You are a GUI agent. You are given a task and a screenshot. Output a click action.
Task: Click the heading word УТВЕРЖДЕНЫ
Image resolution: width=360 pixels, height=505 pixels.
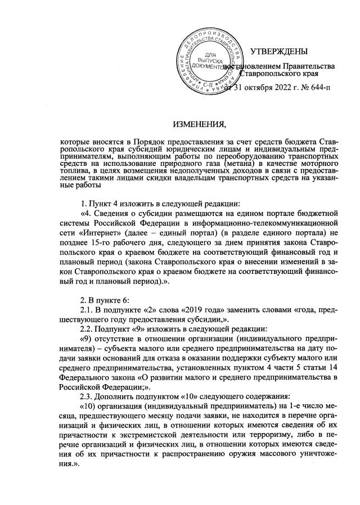pyautogui.click(x=279, y=52)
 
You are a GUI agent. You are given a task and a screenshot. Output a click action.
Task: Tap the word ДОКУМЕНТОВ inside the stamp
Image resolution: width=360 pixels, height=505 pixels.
pyautogui.click(x=206, y=66)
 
